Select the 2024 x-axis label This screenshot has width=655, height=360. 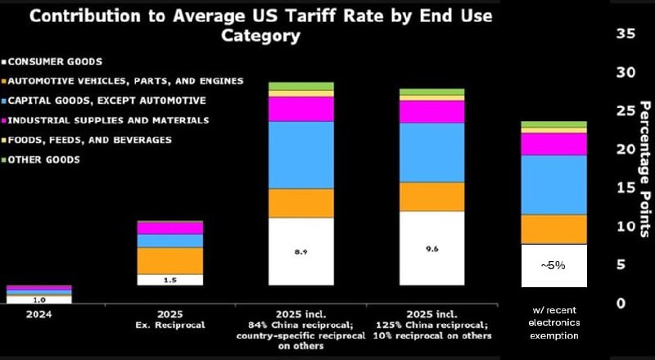coord(27,313)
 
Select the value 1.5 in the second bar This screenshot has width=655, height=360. coord(169,281)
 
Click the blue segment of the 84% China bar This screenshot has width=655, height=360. coord(301,155)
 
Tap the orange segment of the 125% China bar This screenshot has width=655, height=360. coord(432,196)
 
